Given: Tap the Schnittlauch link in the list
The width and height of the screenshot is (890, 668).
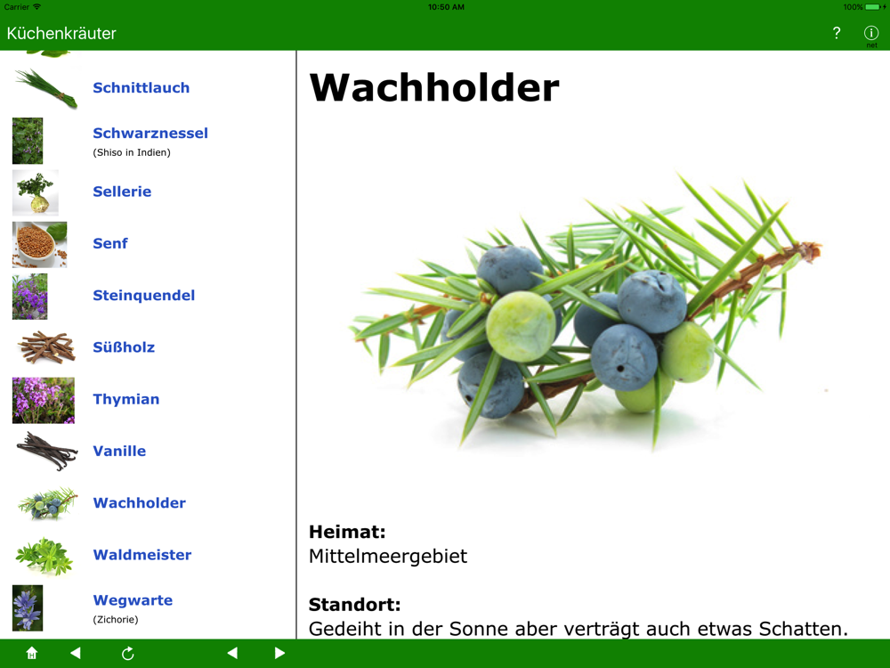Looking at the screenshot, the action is tap(141, 87).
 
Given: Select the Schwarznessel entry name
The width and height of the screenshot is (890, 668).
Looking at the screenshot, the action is tap(150, 133).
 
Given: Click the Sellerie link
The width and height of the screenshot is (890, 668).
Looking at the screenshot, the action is tap(122, 191).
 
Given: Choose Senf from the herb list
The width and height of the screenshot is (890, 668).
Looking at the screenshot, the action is tap(110, 243).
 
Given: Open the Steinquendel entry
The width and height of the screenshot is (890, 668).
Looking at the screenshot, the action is tap(143, 296).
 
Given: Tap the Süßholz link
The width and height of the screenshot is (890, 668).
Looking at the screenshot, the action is tap(124, 347).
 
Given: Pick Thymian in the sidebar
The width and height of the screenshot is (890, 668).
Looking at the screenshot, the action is tap(126, 399).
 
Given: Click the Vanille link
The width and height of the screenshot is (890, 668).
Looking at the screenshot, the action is tap(119, 451).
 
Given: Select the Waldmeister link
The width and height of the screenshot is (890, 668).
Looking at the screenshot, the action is tap(142, 554).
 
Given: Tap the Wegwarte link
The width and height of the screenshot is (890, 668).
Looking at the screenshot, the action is tap(133, 600).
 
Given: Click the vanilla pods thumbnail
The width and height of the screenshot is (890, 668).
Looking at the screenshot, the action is tap(46, 451).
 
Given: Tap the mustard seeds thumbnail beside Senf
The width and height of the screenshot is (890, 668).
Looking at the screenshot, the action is tap(40, 244).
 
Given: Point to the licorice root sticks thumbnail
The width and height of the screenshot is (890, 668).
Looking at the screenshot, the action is tap(46, 347).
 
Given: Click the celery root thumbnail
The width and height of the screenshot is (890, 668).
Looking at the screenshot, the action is tap(36, 192).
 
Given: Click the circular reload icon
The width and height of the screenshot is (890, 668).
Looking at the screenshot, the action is tap(127, 653).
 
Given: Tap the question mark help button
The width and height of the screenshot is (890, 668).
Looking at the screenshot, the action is tap(836, 33).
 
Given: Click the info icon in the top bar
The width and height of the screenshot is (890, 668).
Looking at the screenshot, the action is tap(871, 33).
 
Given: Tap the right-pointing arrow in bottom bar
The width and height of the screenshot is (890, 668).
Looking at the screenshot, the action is tap(279, 653).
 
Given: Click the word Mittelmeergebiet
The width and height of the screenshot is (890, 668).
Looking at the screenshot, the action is tap(388, 556).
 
